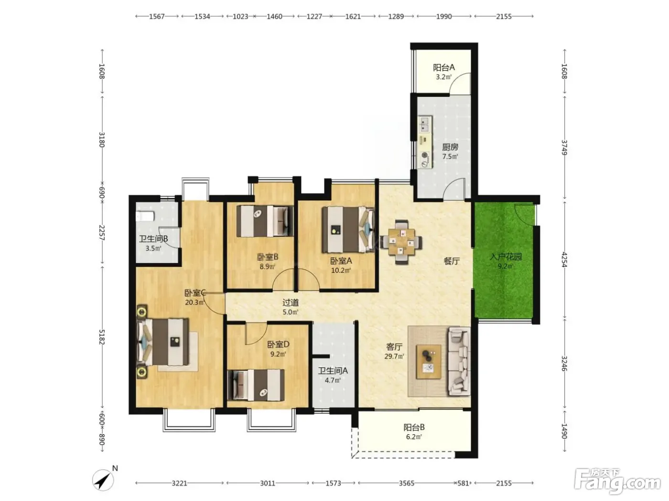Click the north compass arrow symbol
[103, 480]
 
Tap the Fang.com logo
[617, 481]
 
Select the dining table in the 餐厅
[401, 242]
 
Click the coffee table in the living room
[429, 362]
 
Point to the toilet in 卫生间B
[145, 216]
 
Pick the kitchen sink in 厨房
[425, 124]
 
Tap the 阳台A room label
[444, 67]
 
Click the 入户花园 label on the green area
[506, 257]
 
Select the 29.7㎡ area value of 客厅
[394, 356]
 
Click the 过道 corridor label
[291, 303]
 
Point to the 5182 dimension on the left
[102, 337]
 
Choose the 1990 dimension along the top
[444, 16]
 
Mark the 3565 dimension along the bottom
[407, 483]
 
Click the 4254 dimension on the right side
[564, 259]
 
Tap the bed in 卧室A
[348, 230]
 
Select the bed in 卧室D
[256, 385]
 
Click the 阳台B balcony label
[414, 428]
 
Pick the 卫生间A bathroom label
[333, 371]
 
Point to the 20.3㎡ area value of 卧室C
[194, 303]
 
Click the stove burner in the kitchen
[425, 155]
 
